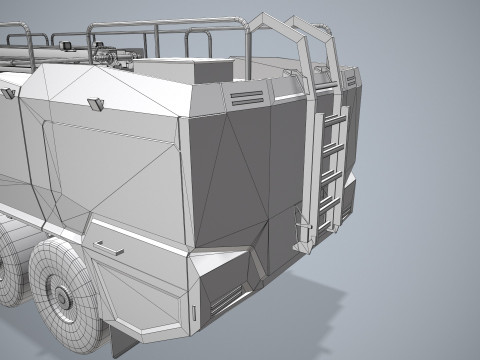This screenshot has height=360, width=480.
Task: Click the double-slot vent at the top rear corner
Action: click(x=243, y=97)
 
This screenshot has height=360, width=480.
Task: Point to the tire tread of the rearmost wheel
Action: click(x=40, y=275)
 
